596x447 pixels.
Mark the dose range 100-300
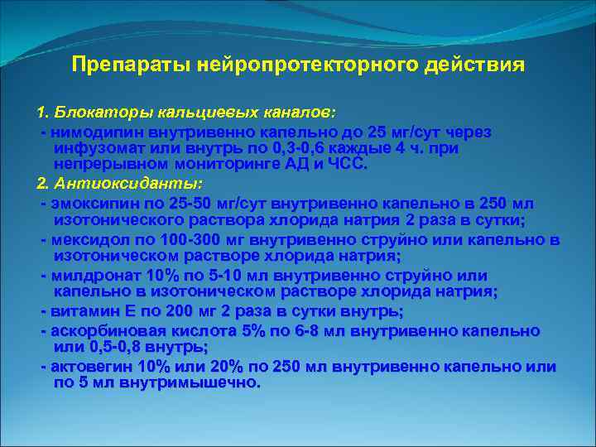pos(180,239)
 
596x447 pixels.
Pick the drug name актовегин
pos(91,367)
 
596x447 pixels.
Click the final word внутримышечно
pos(189,383)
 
